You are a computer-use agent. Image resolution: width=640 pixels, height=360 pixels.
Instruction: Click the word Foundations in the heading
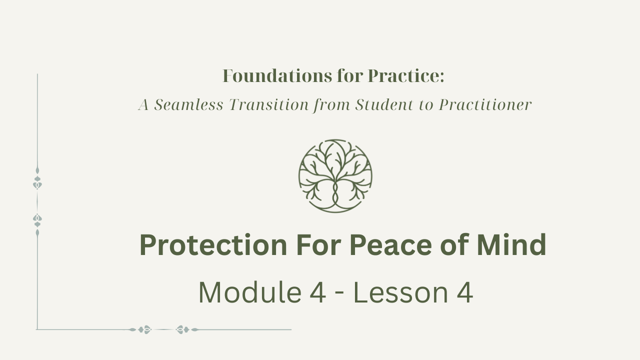point(277,76)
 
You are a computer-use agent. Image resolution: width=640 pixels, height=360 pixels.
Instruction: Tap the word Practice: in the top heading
point(406,76)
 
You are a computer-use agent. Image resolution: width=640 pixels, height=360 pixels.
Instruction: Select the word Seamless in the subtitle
point(188,104)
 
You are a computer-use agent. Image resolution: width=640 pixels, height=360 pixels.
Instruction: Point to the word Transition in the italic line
point(269,104)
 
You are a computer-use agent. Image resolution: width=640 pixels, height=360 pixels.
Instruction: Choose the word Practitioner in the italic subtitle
point(485,104)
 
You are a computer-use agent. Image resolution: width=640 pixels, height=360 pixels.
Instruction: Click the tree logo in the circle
point(335,176)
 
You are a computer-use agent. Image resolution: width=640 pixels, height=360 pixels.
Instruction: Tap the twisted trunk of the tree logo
point(335,193)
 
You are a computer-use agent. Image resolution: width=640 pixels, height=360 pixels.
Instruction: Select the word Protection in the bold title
point(213,245)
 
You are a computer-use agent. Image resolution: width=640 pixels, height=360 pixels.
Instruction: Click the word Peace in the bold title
point(390,245)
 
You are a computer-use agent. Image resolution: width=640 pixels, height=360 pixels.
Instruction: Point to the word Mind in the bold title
point(511,245)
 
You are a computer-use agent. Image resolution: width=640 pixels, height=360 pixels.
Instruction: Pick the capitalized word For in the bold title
point(318,245)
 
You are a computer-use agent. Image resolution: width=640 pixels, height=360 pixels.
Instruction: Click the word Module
point(250,292)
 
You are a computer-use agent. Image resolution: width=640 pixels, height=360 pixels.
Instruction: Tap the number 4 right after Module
point(317,292)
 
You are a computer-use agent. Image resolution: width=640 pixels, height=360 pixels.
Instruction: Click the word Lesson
point(401,292)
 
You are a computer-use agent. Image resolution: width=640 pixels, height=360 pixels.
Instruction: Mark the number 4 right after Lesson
point(465,292)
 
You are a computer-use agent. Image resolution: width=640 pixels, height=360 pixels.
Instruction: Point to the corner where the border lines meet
point(37,329)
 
